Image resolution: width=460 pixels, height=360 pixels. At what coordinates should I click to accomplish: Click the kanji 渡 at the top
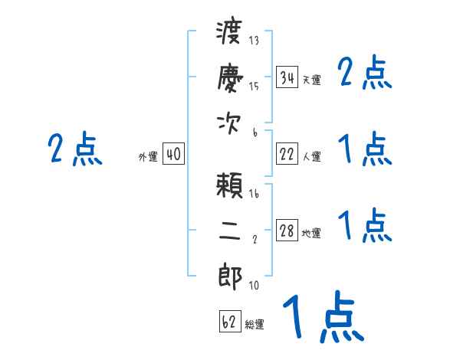pos(230,35)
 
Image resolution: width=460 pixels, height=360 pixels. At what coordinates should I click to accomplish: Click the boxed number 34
pos(287,78)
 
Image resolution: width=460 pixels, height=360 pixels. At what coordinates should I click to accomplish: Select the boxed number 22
pos(287,155)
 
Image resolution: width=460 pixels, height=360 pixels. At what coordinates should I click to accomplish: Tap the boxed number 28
pos(287,231)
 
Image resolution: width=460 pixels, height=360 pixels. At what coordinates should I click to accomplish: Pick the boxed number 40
pos(173,155)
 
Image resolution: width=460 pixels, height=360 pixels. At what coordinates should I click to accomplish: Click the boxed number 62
pos(229,322)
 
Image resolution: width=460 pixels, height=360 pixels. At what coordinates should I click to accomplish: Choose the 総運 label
pos(255,324)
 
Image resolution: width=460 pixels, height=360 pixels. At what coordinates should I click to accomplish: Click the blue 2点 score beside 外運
pos(74,150)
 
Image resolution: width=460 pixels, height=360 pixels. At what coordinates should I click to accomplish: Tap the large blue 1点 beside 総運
pos(322,319)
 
